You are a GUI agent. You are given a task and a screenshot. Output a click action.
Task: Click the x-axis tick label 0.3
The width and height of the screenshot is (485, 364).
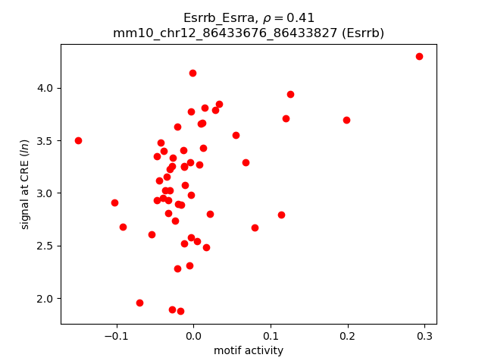click(424, 336)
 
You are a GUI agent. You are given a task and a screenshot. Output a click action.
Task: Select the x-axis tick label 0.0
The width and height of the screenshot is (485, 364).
click(193, 336)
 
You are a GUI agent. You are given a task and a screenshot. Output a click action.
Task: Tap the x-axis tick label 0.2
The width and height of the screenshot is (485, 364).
click(347, 336)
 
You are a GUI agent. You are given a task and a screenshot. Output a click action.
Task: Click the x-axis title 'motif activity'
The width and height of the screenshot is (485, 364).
click(249, 350)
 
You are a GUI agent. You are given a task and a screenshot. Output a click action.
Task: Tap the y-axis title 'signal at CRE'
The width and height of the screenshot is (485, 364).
click(25, 184)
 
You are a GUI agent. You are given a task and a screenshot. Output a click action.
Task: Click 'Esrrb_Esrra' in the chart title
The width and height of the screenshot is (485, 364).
click(217, 17)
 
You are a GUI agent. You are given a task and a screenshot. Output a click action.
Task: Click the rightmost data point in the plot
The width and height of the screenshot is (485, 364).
click(419, 56)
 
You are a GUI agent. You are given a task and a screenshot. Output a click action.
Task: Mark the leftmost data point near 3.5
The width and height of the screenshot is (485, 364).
click(78, 140)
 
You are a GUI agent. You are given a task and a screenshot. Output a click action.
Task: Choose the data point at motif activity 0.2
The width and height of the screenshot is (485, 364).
click(346, 120)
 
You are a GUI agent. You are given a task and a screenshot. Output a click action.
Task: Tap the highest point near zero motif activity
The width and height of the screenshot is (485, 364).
click(192, 73)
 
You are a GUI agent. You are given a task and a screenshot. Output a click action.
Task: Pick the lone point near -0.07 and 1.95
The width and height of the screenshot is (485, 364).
click(139, 303)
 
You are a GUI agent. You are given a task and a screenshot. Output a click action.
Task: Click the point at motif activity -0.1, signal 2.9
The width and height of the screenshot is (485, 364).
click(114, 202)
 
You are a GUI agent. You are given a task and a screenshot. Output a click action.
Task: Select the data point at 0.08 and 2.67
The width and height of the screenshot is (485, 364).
click(255, 227)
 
